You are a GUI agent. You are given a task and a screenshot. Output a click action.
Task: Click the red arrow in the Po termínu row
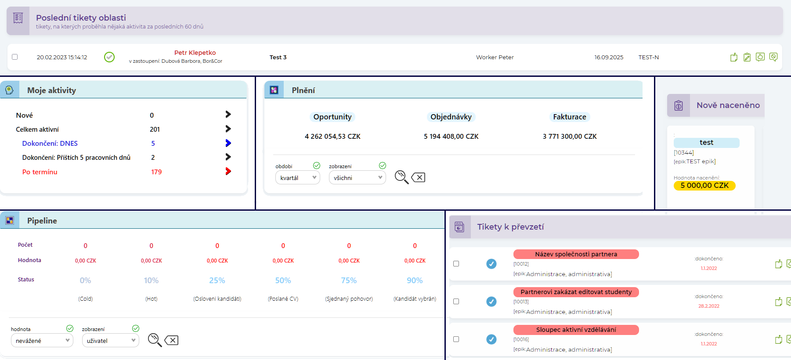point(228,171)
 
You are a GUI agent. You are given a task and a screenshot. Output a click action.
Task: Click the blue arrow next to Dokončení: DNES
point(228,143)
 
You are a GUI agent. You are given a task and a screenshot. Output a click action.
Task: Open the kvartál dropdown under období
point(298,178)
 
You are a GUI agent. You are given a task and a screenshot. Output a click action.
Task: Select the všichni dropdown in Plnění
point(357,178)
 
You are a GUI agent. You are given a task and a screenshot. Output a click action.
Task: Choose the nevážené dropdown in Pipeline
point(42,341)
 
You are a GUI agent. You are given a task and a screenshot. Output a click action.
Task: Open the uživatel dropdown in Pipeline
point(110,341)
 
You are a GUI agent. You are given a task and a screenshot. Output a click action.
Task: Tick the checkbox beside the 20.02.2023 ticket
point(15,57)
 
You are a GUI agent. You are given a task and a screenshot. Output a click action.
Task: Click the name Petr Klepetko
point(195,53)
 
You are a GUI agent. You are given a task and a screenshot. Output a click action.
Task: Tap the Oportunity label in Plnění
point(332,117)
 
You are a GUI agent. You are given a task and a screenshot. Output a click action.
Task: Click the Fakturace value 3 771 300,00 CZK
point(570,137)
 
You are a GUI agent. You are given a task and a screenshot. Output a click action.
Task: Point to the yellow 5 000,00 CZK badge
point(704,185)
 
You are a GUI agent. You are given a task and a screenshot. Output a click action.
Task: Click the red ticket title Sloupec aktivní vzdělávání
point(576,330)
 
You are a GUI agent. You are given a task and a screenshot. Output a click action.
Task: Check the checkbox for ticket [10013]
point(456,302)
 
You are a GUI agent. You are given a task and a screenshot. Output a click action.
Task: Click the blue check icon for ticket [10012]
point(491,264)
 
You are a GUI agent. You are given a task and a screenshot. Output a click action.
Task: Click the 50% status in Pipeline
point(283,281)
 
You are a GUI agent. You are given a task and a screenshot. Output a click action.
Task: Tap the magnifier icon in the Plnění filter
point(401,177)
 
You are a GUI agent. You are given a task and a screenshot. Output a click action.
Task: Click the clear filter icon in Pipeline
point(171,340)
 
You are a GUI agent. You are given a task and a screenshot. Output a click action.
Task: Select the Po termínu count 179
point(156,172)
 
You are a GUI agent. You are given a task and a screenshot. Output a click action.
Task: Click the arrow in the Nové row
point(228,115)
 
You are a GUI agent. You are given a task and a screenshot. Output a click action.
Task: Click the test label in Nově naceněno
point(706,143)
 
